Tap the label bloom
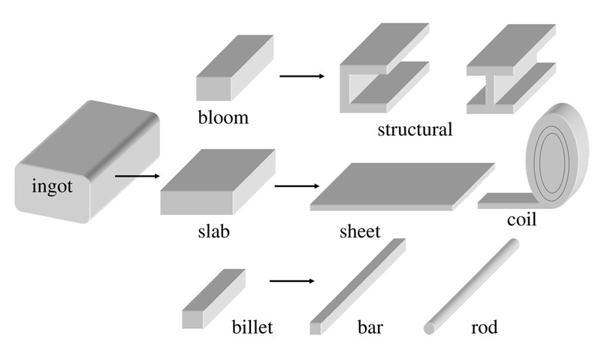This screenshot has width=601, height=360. pyautogui.click(x=223, y=118)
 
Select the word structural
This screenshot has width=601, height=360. pyautogui.click(x=415, y=129)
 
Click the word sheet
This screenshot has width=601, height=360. pyautogui.click(x=360, y=230)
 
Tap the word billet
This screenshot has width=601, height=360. pyautogui.click(x=252, y=328)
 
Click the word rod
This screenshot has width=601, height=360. pyautogui.click(x=484, y=328)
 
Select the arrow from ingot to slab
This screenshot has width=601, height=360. pyautogui.click(x=138, y=177)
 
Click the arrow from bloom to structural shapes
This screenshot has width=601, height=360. pyautogui.click(x=300, y=76)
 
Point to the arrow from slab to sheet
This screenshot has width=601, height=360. pyautogui.click(x=297, y=185)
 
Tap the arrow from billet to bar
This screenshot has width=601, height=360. pyautogui.click(x=291, y=282)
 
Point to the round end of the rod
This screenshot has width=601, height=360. pyautogui.click(x=430, y=328)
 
